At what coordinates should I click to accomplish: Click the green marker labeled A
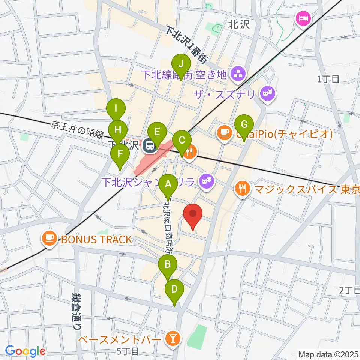tap(168, 184)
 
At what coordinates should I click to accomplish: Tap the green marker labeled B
tap(168, 264)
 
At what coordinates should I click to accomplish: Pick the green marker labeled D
tap(174, 289)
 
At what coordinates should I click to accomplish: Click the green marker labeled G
tap(244, 124)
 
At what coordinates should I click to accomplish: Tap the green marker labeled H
tap(118, 130)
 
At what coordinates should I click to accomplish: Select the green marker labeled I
tap(116, 109)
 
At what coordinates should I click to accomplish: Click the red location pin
tap(193, 215)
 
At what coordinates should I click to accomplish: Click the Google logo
tap(25, 351)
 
